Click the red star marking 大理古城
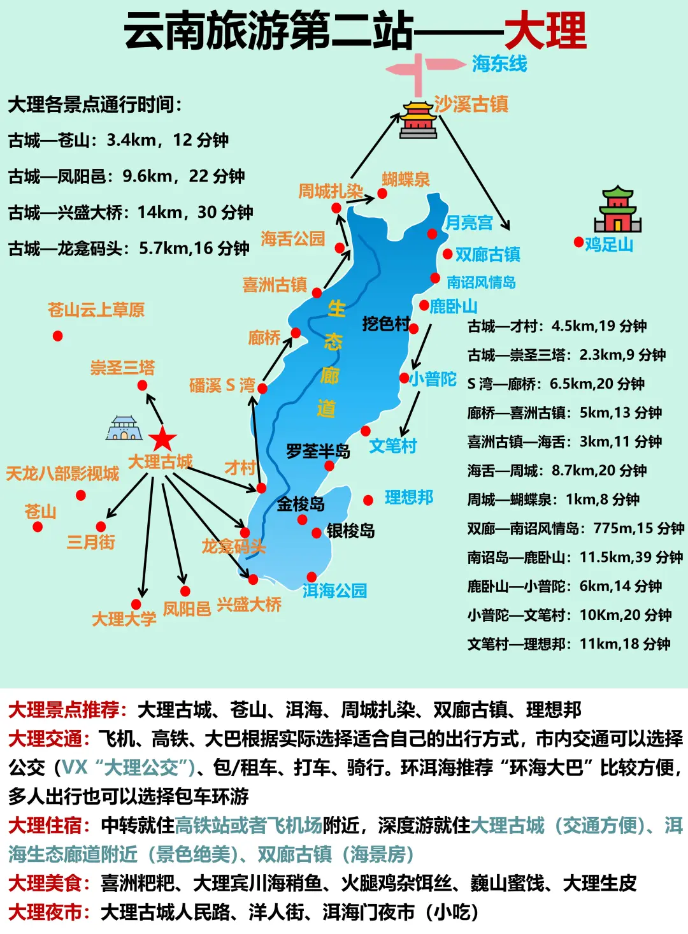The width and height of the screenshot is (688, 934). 162,440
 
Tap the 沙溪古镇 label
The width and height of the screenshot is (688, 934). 471,104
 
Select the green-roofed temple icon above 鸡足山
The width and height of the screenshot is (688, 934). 617,210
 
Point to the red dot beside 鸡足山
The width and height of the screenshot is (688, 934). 578,242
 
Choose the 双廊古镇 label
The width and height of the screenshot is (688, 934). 488,254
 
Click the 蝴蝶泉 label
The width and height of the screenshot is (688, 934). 406,180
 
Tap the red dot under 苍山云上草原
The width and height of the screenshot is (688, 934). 58,336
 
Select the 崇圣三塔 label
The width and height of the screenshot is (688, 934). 122,368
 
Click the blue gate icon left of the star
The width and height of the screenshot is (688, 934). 124,428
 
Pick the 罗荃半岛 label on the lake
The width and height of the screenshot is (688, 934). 318,452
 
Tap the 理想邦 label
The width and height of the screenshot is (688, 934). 409,498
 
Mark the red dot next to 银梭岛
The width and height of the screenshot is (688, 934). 317,533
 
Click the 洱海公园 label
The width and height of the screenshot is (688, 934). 335,591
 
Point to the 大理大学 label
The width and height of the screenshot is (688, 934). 124,619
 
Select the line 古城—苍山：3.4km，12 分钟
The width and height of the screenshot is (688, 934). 118,140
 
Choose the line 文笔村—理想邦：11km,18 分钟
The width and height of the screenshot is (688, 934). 569,644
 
